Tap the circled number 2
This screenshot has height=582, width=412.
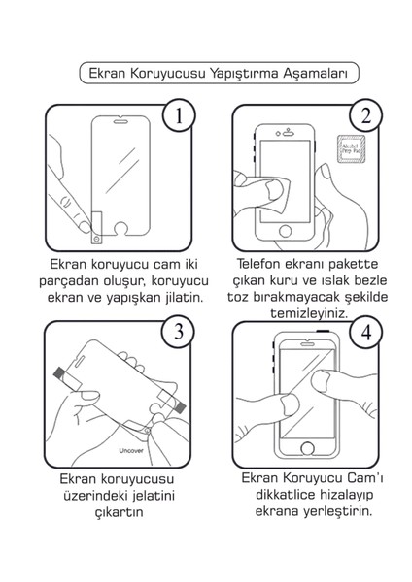(366, 119)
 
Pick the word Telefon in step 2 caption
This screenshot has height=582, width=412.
(258, 263)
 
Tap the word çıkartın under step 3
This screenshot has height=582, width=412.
(118, 512)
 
